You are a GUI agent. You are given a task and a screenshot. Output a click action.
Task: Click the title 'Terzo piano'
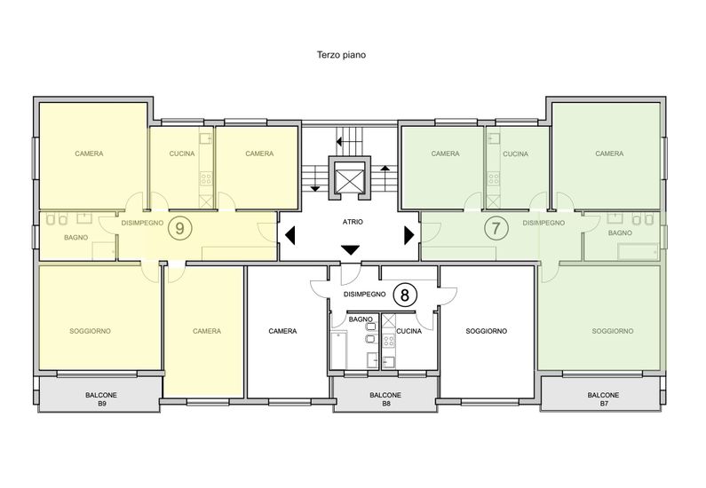click(341, 55)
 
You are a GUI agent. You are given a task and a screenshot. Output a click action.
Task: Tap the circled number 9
click(179, 229)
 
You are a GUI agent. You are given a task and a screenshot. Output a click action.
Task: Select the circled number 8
click(405, 295)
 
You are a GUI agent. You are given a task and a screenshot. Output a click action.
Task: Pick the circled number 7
click(496, 229)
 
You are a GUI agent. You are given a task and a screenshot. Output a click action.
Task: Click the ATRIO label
click(353, 222)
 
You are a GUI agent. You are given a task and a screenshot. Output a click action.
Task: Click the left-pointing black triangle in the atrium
click(290, 235)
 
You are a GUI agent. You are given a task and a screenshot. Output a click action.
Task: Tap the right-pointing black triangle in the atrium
click(409, 235)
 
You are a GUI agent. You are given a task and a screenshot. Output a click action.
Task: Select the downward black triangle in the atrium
click(350, 250)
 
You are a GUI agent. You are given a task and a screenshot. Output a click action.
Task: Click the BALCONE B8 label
click(385, 399)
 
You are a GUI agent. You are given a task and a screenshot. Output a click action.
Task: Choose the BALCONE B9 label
click(101, 399)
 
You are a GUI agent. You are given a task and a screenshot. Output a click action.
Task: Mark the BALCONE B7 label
click(603, 399)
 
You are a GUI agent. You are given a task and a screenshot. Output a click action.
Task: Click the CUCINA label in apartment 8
click(409, 331)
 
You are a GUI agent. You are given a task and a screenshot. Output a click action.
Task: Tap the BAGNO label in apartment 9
click(76, 238)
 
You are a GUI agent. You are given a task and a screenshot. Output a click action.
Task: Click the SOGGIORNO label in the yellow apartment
click(90, 331)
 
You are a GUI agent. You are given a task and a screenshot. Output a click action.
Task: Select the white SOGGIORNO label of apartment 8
click(487, 331)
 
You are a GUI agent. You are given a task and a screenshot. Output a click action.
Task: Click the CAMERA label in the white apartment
click(282, 331)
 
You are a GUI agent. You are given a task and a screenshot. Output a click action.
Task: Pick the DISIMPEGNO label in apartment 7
click(543, 223)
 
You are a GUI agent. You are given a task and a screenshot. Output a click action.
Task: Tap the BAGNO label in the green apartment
click(620, 233)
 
